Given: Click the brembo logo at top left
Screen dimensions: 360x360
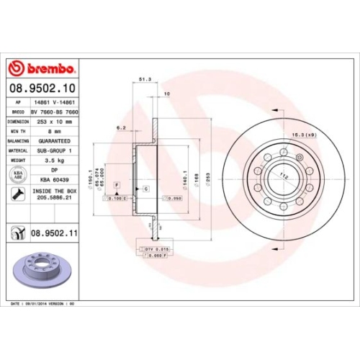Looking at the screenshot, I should pos(42,68).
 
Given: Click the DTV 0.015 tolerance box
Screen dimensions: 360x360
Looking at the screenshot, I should pos(157,248).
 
